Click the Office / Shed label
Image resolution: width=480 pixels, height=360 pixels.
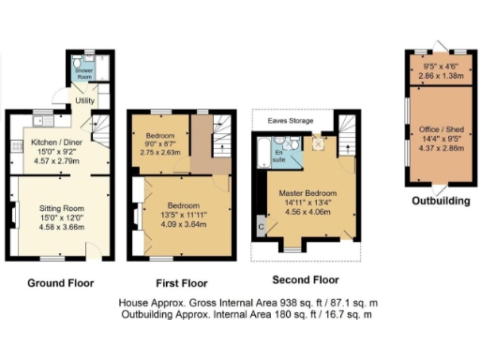(439, 139)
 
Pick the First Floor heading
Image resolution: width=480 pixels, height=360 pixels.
(182, 281)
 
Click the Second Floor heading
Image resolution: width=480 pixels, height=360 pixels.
(304, 279)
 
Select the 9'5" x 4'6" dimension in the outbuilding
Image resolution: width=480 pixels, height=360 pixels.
(440, 67)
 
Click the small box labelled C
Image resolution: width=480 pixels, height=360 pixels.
(262, 226)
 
